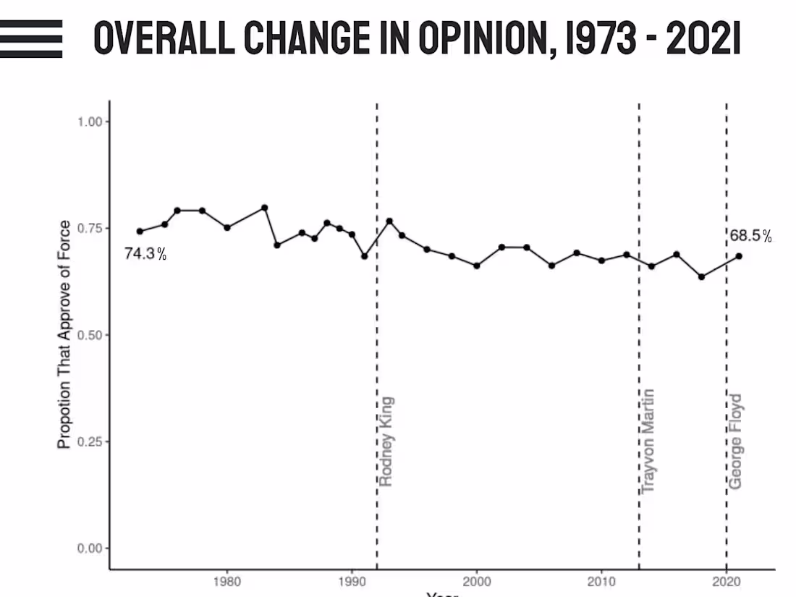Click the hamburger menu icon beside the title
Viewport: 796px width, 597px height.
(x=30, y=38)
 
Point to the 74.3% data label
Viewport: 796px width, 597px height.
(x=145, y=254)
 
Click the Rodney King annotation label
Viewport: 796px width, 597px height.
(x=386, y=441)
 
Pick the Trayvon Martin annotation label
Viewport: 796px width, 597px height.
(x=648, y=441)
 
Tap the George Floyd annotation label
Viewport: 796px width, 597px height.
(x=735, y=441)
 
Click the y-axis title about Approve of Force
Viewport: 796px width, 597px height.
(x=64, y=334)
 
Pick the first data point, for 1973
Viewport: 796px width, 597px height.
(x=140, y=232)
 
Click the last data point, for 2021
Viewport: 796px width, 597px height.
(x=739, y=255)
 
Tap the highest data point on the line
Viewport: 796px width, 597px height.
(x=265, y=208)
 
